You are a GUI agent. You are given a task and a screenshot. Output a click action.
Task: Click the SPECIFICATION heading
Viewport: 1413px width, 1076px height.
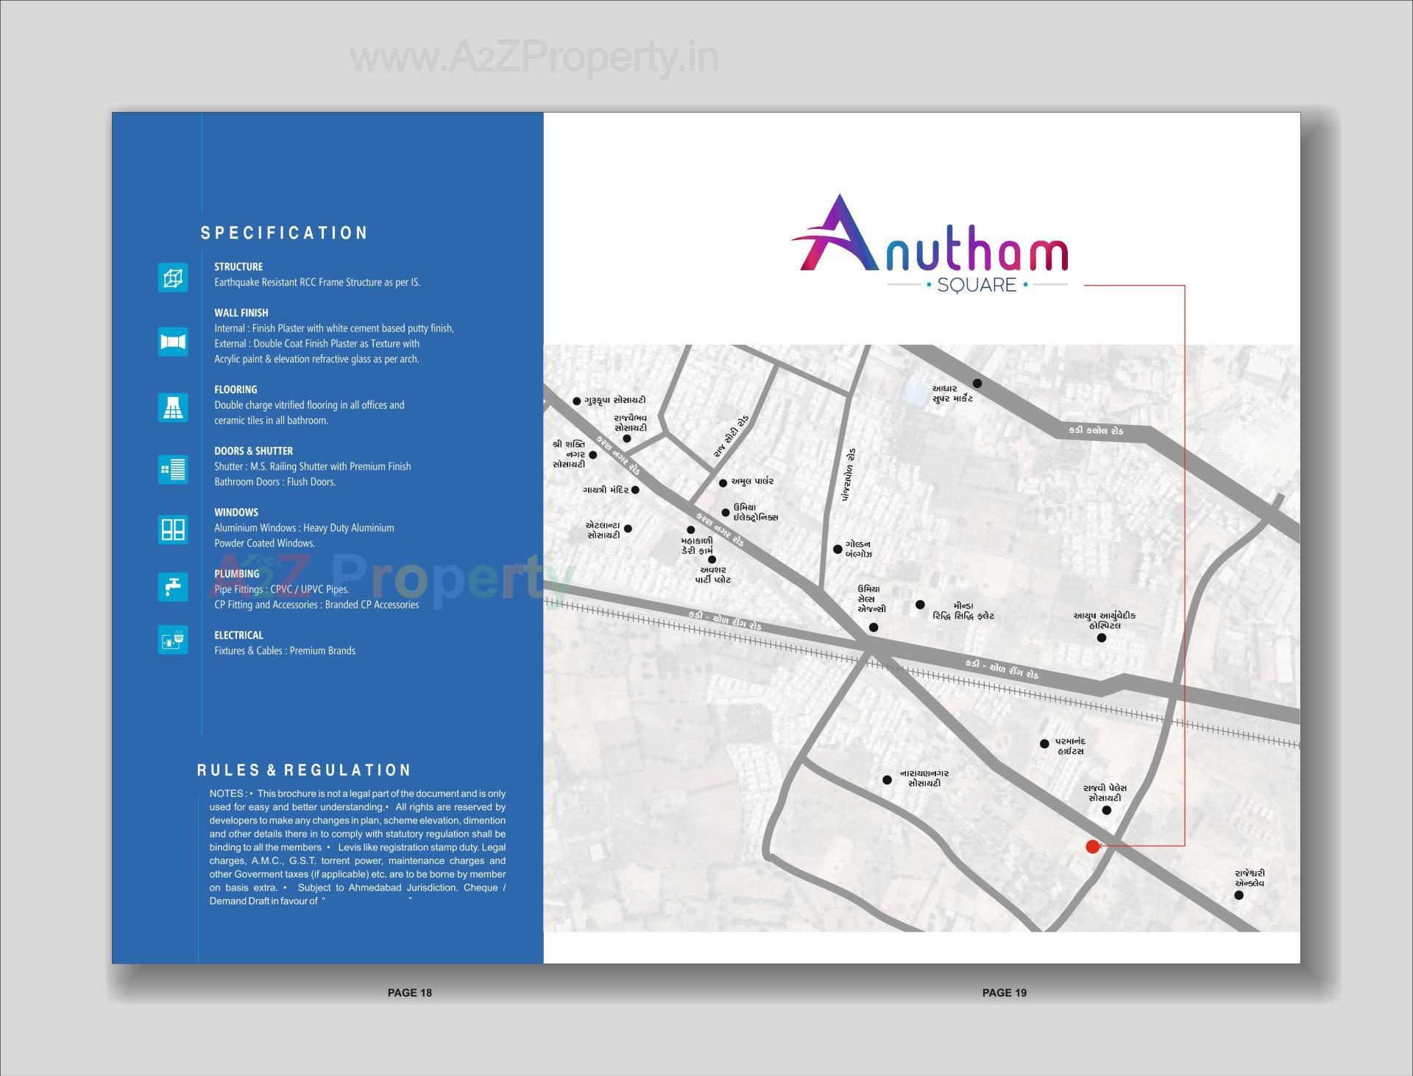click(x=284, y=233)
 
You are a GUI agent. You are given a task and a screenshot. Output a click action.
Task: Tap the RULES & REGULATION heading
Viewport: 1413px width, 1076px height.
click(x=304, y=770)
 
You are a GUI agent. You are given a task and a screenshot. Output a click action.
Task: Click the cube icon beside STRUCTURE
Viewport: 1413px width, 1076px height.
click(x=173, y=278)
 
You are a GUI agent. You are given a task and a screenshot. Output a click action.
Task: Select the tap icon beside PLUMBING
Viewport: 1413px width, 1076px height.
click(x=173, y=587)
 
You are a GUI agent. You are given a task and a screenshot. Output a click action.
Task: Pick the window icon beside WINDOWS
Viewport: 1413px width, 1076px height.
click(x=173, y=529)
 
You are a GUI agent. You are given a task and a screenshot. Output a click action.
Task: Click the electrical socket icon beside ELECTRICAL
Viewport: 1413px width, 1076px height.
click(x=173, y=640)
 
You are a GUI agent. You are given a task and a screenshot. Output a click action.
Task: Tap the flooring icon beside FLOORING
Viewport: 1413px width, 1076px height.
click(x=173, y=407)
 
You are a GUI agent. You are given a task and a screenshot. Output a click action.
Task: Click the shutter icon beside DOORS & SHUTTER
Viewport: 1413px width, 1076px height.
click(x=173, y=469)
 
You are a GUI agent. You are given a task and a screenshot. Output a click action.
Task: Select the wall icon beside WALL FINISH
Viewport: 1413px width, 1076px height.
click(x=173, y=342)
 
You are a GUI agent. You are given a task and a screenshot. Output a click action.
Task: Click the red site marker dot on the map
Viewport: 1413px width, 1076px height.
click(x=1093, y=846)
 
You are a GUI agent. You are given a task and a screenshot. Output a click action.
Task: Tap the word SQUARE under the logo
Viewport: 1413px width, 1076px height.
click(x=977, y=285)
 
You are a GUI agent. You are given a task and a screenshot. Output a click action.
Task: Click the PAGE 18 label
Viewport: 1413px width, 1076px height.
click(x=410, y=993)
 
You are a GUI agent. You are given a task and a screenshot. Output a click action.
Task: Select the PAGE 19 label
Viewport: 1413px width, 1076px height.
click(x=1005, y=993)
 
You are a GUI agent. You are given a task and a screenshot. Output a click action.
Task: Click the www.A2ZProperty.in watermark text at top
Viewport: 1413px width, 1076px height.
click(x=534, y=58)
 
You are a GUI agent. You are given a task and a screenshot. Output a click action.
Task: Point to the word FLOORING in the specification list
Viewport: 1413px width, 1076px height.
click(x=235, y=390)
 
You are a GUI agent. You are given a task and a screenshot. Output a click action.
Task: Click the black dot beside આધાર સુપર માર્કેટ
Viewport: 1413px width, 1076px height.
click(x=977, y=383)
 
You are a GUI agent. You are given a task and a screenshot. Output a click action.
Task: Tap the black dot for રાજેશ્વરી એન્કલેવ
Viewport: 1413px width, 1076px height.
click(x=1239, y=896)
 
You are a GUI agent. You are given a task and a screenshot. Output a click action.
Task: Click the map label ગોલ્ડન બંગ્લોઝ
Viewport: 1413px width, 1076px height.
click(x=858, y=549)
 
